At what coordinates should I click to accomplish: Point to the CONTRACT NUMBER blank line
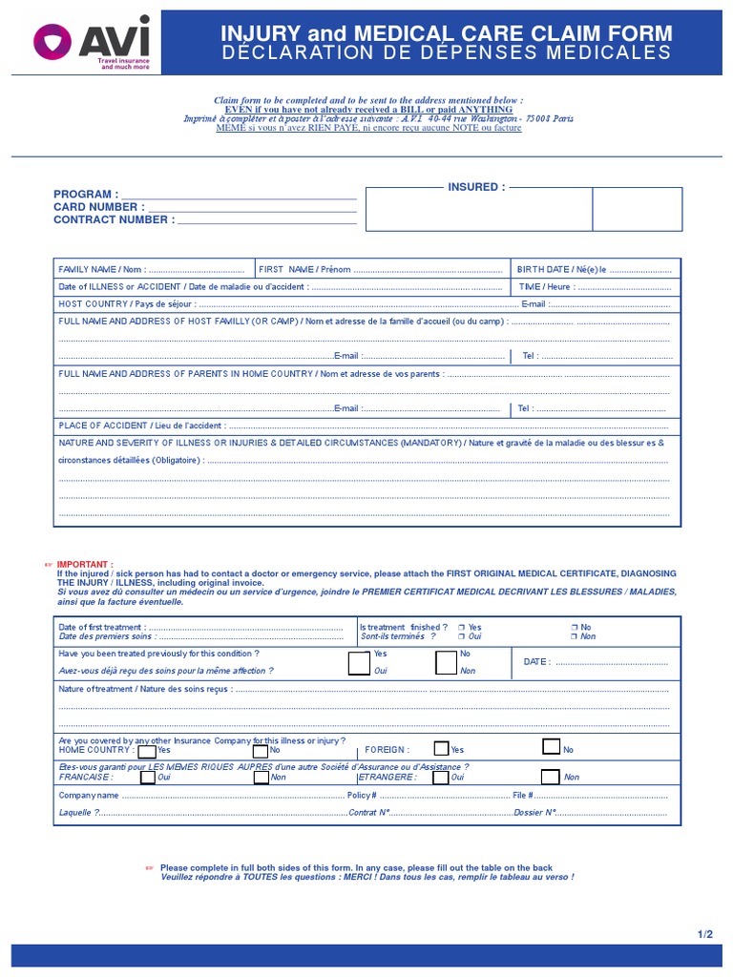(267, 221)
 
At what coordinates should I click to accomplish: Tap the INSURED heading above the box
(476, 187)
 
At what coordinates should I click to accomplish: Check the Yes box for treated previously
(359, 663)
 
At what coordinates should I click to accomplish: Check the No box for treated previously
(446, 663)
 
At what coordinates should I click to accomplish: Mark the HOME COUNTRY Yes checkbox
(147, 750)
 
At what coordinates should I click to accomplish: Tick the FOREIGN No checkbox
(551, 747)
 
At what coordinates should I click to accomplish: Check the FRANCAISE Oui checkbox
(147, 777)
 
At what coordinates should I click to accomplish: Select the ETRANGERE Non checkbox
(551, 776)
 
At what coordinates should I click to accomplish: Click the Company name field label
(89, 795)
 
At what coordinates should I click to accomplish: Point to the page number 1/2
(704, 934)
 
